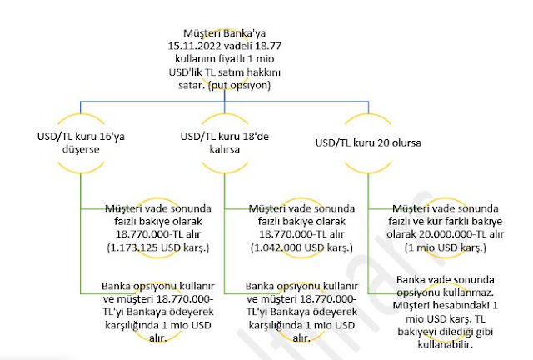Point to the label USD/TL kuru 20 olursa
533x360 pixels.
[366, 141]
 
